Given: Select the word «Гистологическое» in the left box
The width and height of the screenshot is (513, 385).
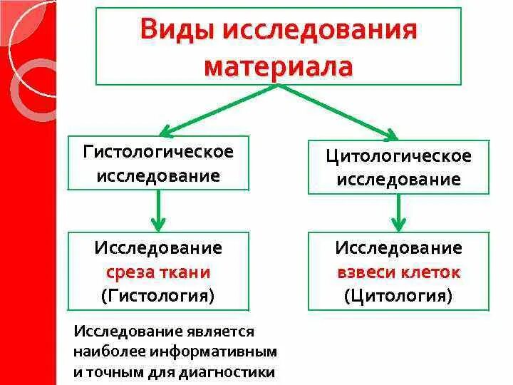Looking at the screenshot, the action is tap(158, 152).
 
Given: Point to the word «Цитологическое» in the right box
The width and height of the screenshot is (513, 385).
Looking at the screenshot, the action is tap(398, 155).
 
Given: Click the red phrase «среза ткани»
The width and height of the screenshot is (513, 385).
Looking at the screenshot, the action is tap(158, 272).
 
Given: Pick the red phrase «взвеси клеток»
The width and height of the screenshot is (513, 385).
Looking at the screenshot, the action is tap(398, 272).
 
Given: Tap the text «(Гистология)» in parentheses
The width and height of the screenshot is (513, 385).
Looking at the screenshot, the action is tap(158, 294).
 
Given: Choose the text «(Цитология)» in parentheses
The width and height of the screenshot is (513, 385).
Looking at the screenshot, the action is tap(398, 294).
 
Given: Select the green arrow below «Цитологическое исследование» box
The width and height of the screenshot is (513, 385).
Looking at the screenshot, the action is tap(398, 212).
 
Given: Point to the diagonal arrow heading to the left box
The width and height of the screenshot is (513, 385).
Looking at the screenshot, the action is tap(214, 111).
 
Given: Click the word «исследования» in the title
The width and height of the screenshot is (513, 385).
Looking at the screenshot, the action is tap(320, 32).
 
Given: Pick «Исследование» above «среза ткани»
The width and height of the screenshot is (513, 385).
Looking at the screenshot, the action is tap(158, 249).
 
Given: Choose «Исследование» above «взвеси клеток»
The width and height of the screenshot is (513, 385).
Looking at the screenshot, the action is tap(398, 249).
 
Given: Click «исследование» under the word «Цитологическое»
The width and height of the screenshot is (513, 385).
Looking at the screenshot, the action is tap(398, 178).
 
